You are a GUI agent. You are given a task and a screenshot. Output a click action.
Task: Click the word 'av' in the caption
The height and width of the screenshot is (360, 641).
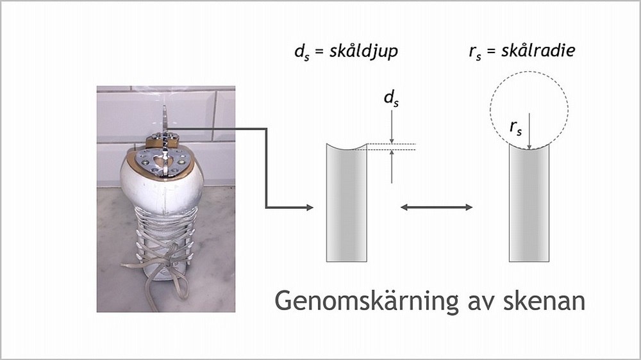coord(471,301)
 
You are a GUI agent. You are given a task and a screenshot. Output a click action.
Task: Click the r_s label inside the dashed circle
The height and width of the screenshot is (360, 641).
coord(517,127)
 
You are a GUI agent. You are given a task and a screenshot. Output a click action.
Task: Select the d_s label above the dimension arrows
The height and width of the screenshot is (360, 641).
coord(391,99)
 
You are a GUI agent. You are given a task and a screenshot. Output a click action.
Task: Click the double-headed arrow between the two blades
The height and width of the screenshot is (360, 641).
coord(436,207)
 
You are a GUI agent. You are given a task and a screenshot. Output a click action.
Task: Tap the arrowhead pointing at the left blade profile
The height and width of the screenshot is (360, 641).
coord(309,207)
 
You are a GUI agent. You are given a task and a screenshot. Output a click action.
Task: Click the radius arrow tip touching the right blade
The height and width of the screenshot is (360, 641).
coord(529,148)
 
